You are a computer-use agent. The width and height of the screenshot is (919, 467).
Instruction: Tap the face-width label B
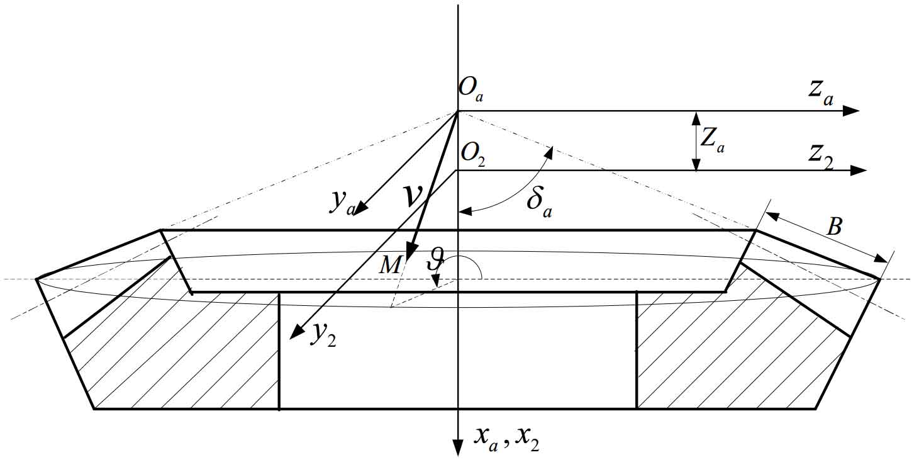(x=834, y=226)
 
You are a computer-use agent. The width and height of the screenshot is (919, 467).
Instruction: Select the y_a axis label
(x=343, y=203)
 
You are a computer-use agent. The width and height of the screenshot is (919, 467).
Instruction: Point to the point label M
(x=390, y=265)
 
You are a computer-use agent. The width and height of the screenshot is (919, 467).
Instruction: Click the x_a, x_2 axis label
(x=506, y=440)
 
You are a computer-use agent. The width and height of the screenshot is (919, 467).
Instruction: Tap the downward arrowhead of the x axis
(x=458, y=447)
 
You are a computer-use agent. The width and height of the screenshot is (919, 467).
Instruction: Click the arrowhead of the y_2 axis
(x=296, y=332)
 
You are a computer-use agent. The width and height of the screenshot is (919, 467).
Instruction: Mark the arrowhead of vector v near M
(x=412, y=252)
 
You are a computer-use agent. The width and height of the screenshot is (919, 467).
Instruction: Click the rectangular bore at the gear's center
(x=458, y=351)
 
